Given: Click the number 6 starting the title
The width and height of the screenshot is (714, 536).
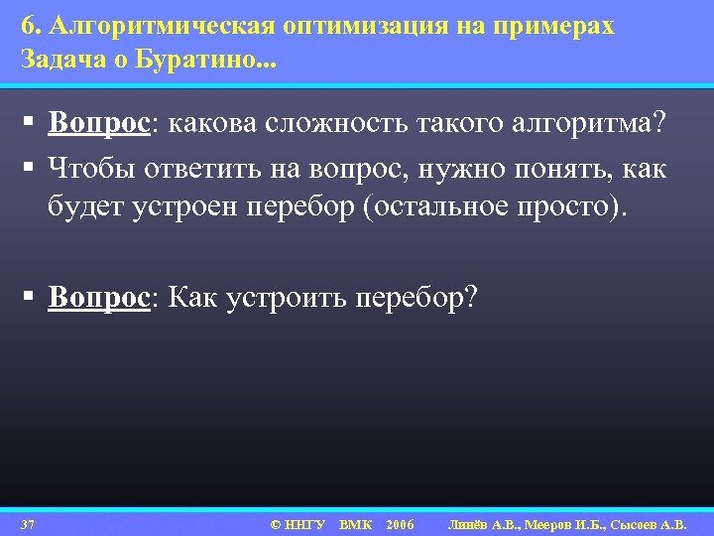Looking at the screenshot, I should (26, 27).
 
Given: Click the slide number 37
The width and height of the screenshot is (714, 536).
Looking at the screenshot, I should (28, 523).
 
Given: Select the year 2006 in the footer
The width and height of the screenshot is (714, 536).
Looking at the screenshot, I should (401, 523).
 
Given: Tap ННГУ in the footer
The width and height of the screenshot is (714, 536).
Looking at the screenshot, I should (304, 523).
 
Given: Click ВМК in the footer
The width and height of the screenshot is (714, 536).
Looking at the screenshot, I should (355, 523).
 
